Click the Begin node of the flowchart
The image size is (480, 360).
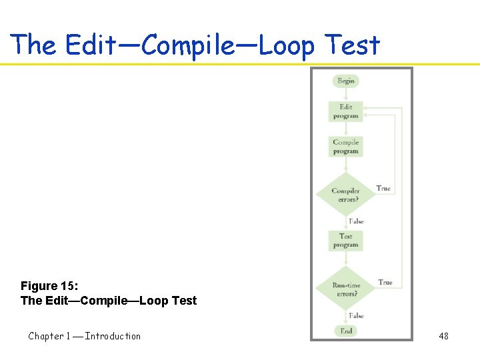click(x=346, y=81)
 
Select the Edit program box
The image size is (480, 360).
click(x=346, y=111)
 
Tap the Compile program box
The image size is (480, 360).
click(x=346, y=147)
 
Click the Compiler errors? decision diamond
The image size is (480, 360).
click(x=346, y=195)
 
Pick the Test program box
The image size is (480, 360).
click(x=346, y=241)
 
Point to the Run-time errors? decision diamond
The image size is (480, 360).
click(x=346, y=289)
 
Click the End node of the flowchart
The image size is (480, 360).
click(x=346, y=331)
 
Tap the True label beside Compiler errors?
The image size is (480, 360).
click(x=383, y=189)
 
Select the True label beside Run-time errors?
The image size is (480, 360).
click(x=385, y=283)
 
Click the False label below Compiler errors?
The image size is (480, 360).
click(x=356, y=221)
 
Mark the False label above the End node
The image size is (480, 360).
click(x=356, y=315)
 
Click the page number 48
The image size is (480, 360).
click(x=443, y=336)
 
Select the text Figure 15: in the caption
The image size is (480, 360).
click(x=49, y=286)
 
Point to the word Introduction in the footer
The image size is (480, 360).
click(x=113, y=336)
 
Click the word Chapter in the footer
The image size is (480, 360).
click(x=46, y=336)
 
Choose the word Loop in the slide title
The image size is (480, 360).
click(x=285, y=45)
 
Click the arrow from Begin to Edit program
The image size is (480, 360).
click(x=346, y=94)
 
